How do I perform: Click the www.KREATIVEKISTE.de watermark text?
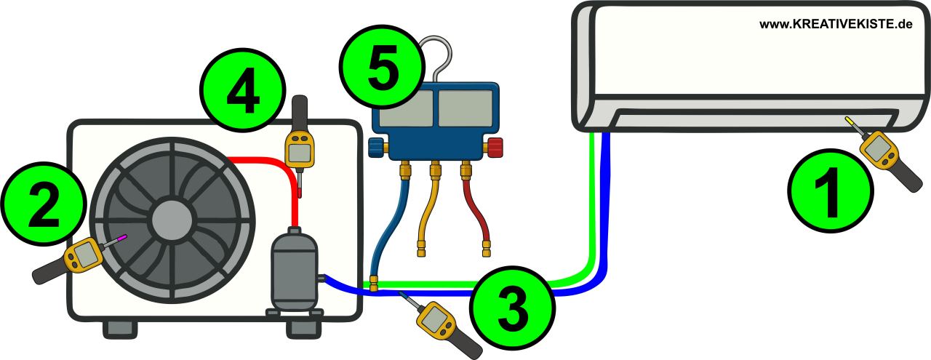click(x=836, y=24)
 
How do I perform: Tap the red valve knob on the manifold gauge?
click(x=495, y=148)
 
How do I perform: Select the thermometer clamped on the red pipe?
click(x=300, y=148)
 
